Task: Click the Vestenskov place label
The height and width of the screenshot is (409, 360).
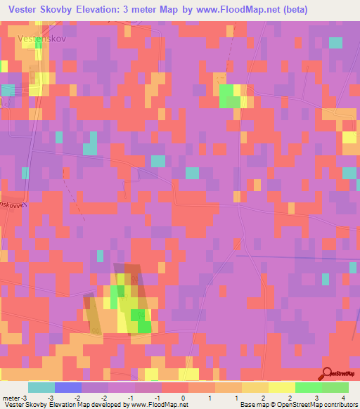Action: [x=42, y=39]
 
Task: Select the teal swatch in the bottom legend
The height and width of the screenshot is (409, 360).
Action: [x=41, y=387]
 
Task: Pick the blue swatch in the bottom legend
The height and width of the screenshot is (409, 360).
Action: [x=67, y=387]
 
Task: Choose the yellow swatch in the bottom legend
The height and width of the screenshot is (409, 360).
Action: [x=281, y=387]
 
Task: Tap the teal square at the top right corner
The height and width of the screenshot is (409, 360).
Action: [x=335, y=42]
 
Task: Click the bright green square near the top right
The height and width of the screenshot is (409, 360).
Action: [x=229, y=96]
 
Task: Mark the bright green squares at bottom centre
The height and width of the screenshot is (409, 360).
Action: [x=143, y=320]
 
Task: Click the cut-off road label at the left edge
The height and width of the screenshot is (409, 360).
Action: [x=14, y=202]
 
